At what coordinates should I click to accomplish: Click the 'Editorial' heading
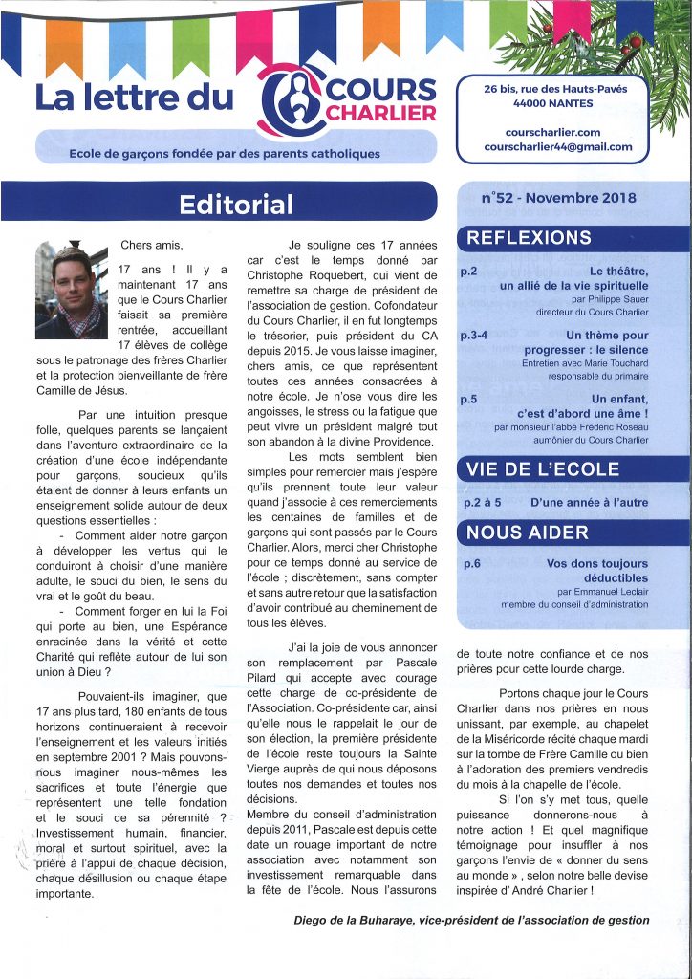237,204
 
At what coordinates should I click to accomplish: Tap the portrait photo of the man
72,291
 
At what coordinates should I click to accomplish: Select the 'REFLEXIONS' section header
530,238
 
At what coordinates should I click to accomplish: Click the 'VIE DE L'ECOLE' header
542,469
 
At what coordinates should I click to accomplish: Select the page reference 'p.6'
471,564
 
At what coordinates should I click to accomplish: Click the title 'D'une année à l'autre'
584,502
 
